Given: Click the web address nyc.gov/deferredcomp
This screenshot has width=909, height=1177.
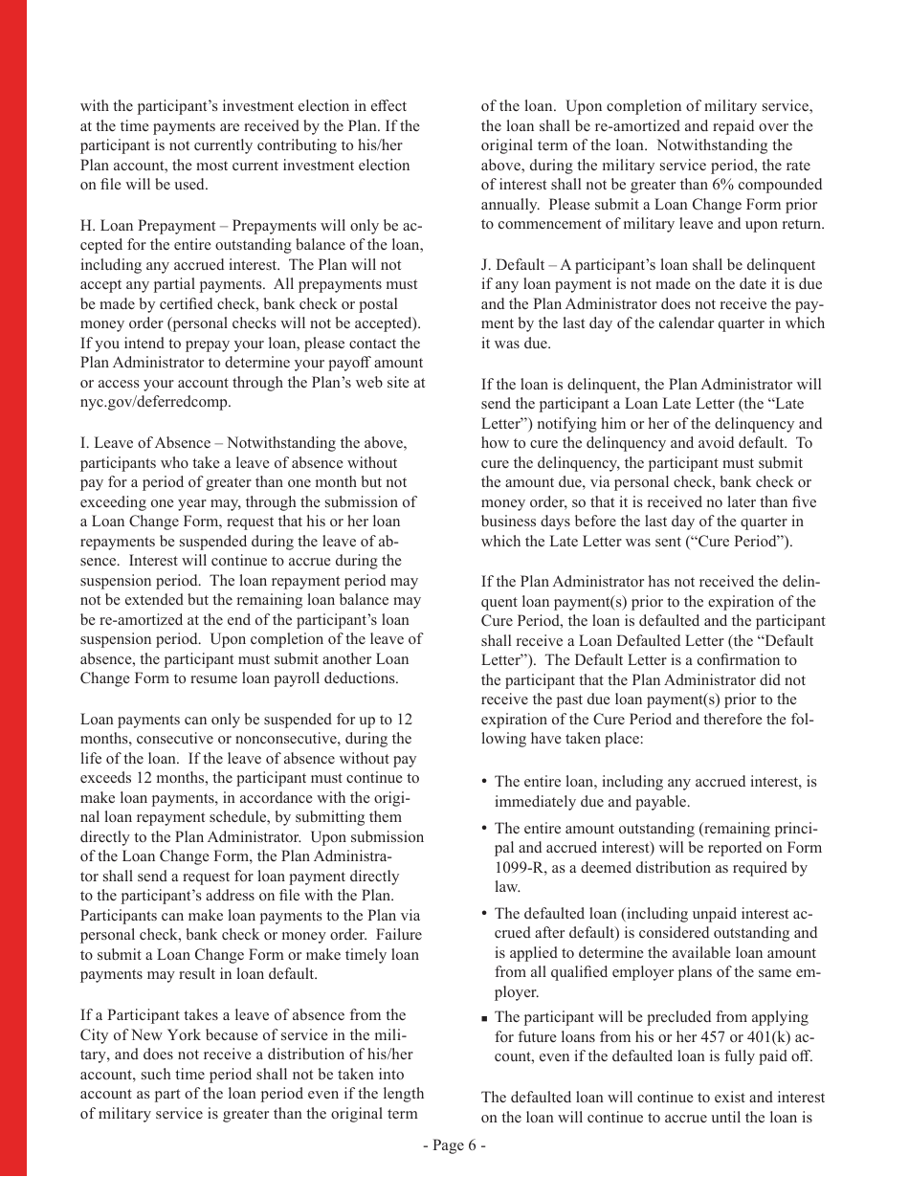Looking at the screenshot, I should point(155,402).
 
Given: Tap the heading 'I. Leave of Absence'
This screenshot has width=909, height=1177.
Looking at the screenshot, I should point(144,443).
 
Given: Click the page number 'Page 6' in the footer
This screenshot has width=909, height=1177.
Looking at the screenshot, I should point(454,1146).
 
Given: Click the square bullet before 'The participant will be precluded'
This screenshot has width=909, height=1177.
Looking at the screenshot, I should point(485,1018).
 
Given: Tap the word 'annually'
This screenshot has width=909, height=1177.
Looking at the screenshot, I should point(510,205).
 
